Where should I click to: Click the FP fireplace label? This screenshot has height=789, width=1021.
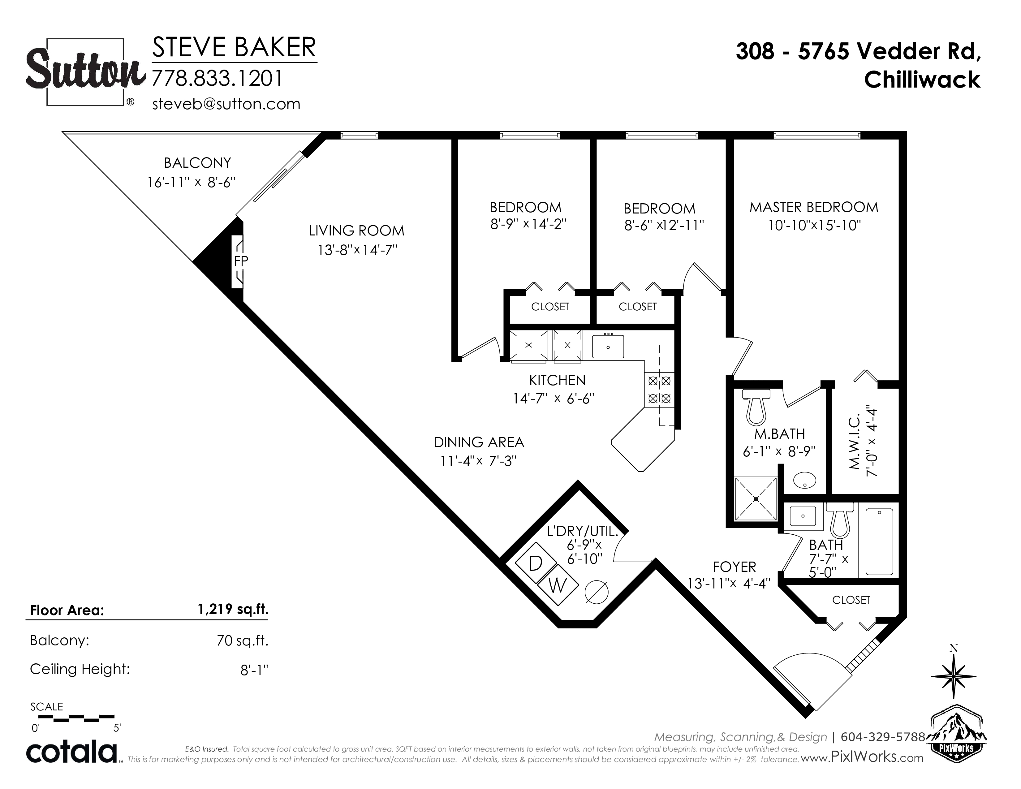click(241, 261)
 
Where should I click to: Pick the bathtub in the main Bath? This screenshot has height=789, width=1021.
click(879, 541)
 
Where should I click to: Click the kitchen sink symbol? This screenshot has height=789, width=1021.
click(608, 346)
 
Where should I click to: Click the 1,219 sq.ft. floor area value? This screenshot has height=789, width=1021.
click(233, 609)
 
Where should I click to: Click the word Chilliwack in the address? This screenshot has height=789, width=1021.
click(922, 80)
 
